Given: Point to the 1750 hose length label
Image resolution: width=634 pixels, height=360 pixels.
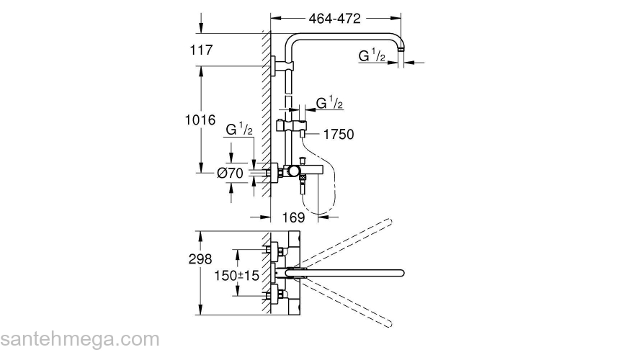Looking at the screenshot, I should [x=339, y=134].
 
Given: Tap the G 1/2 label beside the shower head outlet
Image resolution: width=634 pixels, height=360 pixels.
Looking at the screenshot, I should [x=372, y=55].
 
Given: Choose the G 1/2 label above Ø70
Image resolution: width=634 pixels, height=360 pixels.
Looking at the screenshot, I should [x=238, y=130].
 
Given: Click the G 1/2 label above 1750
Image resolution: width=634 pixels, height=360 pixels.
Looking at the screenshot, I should [x=331, y=104].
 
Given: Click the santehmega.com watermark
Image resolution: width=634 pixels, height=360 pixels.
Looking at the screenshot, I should [x=79, y=339].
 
